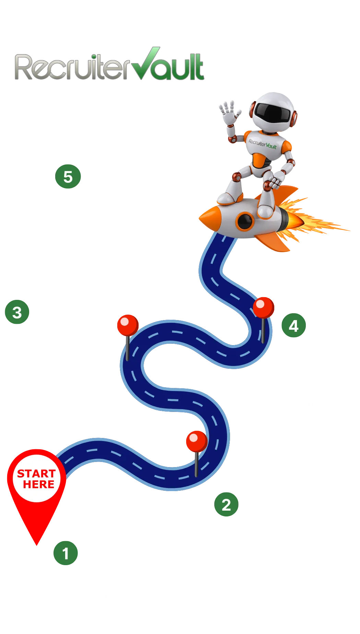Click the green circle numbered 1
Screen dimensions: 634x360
66,553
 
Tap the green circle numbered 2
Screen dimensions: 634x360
226,504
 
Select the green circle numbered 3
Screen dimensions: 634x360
17,312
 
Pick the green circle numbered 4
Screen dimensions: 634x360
293,326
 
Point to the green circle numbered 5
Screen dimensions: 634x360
68,177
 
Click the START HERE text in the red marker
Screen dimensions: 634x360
36,479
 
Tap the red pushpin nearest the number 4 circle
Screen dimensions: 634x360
263,307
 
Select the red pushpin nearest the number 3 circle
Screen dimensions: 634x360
128,325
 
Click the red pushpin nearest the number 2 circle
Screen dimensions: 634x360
196,441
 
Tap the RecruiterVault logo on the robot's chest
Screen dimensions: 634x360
262,144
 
